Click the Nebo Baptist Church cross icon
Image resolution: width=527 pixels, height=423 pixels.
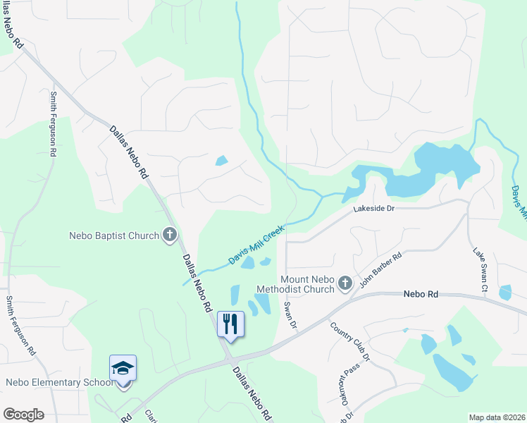(x=169, y=235)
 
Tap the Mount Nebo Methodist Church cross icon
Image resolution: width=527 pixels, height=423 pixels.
(x=345, y=283)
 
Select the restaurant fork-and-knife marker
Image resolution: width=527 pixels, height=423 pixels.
(x=230, y=324)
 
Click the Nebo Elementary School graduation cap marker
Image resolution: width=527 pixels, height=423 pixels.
(x=123, y=367)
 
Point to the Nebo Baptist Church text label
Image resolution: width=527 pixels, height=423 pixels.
(x=114, y=235)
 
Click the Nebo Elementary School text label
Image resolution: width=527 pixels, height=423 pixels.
(x=59, y=383)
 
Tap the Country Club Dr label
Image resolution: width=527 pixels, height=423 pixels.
(x=350, y=342)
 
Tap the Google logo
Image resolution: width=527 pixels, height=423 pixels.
(x=23, y=414)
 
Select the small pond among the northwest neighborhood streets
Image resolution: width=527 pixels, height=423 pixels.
(x=222, y=160)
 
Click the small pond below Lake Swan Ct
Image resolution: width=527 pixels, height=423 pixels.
(x=504, y=292)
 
